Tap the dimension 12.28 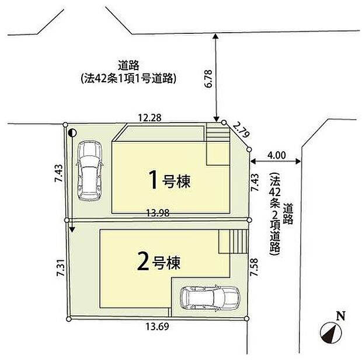[149, 118]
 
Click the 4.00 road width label [276, 155]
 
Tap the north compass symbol [330, 333]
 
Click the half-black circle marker [71, 133]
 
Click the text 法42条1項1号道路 [129, 78]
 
